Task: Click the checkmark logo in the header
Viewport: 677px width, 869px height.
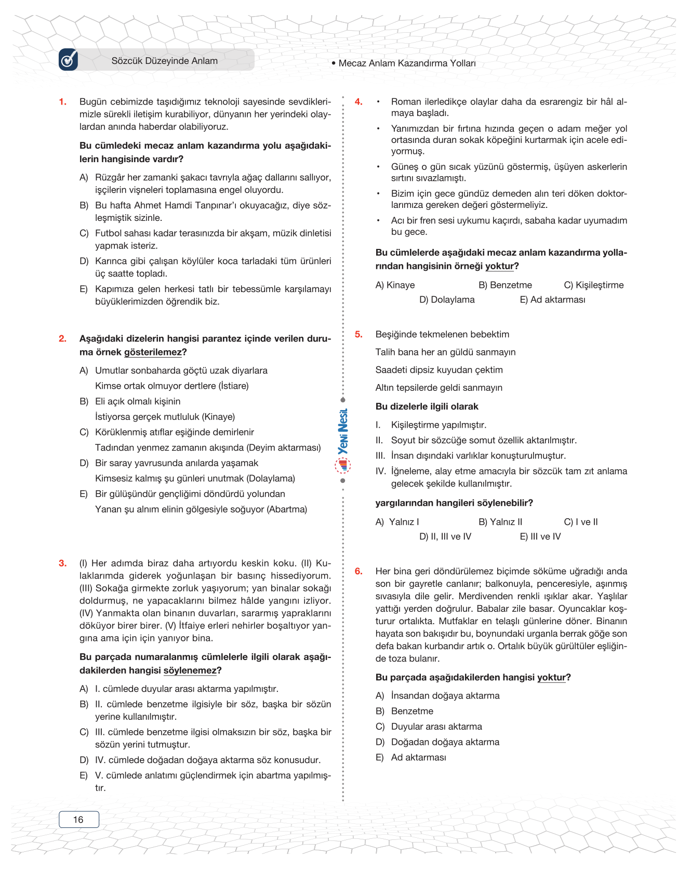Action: click(x=69, y=60)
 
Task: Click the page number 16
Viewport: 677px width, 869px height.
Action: click(x=78, y=820)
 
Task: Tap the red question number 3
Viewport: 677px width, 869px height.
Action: click(x=63, y=563)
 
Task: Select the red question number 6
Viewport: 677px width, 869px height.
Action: click(x=359, y=571)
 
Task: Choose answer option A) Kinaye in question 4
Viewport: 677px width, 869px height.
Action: click(x=395, y=285)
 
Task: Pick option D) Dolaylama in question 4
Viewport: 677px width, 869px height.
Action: click(x=447, y=299)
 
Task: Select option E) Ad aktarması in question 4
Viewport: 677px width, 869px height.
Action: click(x=552, y=299)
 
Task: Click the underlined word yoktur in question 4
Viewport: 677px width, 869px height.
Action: click(x=499, y=266)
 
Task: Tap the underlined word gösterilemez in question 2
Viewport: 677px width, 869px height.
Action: click(x=153, y=352)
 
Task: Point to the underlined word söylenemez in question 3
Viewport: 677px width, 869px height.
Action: click(x=190, y=670)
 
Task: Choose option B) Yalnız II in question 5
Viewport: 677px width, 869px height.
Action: click(x=500, y=522)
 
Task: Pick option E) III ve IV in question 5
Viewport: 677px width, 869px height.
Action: click(x=540, y=536)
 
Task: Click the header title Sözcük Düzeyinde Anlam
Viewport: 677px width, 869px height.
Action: click(x=165, y=61)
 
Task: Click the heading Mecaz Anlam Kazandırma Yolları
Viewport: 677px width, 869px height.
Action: click(x=407, y=63)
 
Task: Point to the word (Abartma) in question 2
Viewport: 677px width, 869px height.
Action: click(x=287, y=509)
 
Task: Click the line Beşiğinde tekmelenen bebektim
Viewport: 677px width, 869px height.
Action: click(x=442, y=334)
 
